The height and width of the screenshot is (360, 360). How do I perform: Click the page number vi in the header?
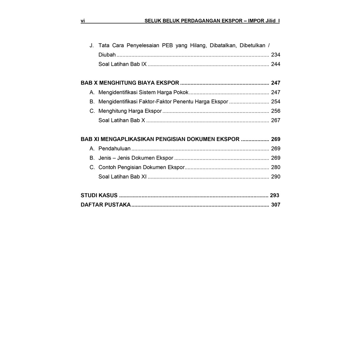pyautogui.click(x=83, y=21)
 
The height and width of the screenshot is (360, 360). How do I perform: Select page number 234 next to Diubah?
pyautogui.click(x=276, y=55)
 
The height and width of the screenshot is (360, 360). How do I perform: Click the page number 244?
pyautogui.click(x=276, y=64)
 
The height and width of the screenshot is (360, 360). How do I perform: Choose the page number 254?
pyautogui.click(x=276, y=102)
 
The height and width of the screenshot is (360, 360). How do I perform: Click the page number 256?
pyautogui.click(x=276, y=111)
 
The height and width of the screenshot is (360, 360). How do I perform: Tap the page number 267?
pyautogui.click(x=276, y=120)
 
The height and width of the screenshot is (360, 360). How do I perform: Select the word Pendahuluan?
pyautogui.click(x=114, y=149)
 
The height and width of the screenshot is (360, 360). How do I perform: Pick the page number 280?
pyautogui.click(x=276, y=167)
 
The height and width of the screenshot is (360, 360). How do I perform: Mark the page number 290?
pyautogui.click(x=276, y=177)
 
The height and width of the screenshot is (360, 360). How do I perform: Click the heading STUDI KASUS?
pyautogui.click(x=99, y=195)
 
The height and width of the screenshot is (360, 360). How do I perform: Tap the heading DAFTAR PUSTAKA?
pyautogui.click(x=105, y=205)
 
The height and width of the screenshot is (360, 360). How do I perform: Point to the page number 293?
pyautogui.click(x=275, y=195)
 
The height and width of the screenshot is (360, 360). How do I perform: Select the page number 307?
pyautogui.click(x=276, y=205)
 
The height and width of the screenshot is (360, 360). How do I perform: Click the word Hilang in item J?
pyautogui.click(x=198, y=45)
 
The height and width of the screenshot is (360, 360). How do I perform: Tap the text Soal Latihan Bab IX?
pyautogui.click(x=122, y=64)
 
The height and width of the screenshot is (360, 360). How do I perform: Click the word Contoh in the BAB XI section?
pyautogui.click(x=107, y=167)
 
